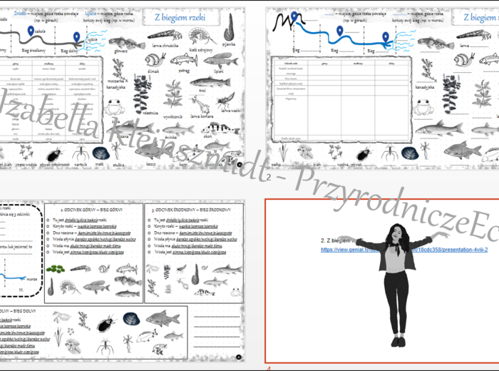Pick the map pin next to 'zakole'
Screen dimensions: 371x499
pos(30,31)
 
